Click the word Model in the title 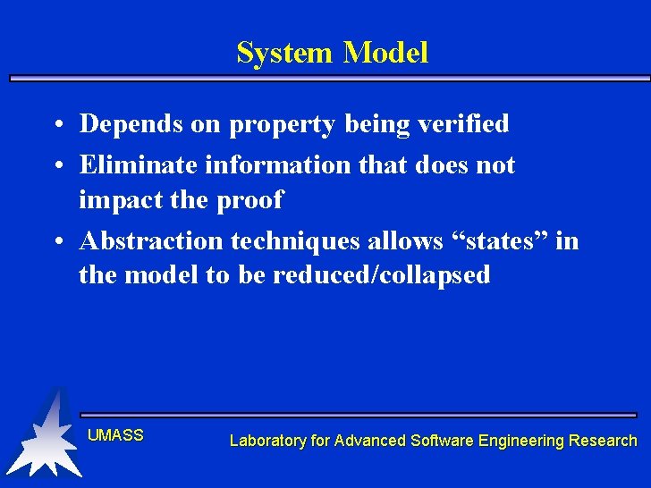tap(385, 53)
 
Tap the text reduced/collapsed tap(382, 275)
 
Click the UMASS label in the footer tap(115, 435)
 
